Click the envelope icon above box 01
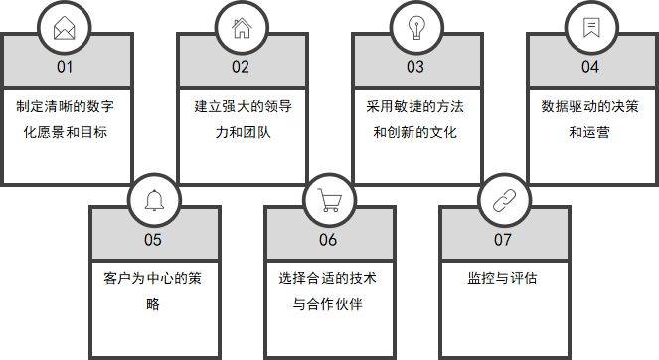(x=66, y=27)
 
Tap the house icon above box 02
(x=242, y=27)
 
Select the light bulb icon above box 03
(x=415, y=27)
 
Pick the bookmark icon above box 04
(x=590, y=27)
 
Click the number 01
(x=66, y=67)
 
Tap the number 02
(x=241, y=67)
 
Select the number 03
(x=415, y=67)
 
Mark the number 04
(x=590, y=67)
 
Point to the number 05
(x=153, y=239)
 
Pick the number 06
(x=328, y=239)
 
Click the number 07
(x=503, y=239)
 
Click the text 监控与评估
(x=503, y=278)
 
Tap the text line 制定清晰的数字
(x=66, y=106)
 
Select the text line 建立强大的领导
(x=241, y=106)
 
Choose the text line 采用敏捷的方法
(x=415, y=106)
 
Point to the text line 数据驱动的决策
(x=590, y=106)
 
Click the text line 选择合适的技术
(x=328, y=278)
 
